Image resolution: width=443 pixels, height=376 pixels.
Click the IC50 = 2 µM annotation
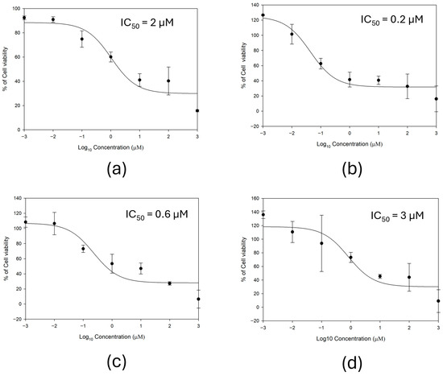[147, 23]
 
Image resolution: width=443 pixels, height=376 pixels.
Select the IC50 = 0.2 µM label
[392, 20]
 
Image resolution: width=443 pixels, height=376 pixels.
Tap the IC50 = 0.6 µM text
[157, 215]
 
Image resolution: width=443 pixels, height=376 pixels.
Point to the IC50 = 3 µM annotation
[397, 216]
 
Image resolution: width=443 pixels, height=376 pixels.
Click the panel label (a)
[117, 169]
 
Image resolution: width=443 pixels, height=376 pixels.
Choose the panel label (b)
[352, 169]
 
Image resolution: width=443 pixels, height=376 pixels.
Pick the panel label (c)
[117, 362]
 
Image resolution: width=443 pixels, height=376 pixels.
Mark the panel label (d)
[352, 362]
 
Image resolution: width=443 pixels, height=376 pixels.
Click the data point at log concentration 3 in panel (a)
[197, 111]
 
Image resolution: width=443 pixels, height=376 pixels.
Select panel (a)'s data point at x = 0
[111, 57]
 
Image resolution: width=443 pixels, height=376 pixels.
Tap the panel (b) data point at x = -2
[292, 34]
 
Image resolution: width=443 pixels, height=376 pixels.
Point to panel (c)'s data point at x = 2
[169, 283]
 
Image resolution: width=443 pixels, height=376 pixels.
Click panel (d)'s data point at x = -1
[321, 243]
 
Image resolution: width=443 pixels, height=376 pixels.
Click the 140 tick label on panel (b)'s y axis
[255, 5]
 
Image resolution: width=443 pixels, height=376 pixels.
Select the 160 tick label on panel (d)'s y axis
[255, 199]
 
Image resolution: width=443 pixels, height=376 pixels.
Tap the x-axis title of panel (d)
[350, 339]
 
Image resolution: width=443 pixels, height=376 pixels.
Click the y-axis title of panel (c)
[6, 258]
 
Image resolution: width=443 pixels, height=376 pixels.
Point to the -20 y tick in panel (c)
[18, 319]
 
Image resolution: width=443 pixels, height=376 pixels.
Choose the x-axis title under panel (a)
[111, 147]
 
